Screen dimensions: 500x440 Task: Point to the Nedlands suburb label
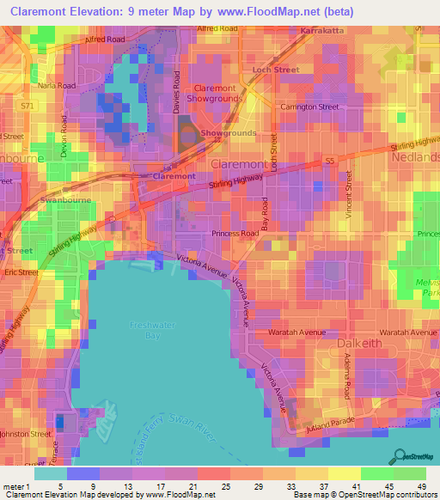point(414,157)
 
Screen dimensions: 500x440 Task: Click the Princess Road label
point(235,233)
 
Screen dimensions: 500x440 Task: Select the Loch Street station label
point(274,70)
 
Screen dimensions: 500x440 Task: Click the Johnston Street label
point(24,435)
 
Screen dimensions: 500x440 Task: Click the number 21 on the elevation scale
point(192,485)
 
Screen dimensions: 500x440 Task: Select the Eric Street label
point(15,271)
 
